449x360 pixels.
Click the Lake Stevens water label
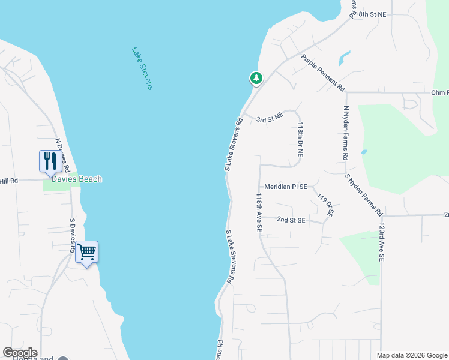[x=142, y=68]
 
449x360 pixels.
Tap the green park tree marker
[x=256, y=78]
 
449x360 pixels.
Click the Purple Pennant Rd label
[x=324, y=73]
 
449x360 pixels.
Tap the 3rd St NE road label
[x=269, y=119]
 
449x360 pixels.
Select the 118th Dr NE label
[x=301, y=140]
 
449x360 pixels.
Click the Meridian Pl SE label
[x=286, y=187]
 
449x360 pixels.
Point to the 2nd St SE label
[x=291, y=220]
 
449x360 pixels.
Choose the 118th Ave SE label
[x=259, y=212]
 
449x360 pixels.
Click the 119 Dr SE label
[x=325, y=205]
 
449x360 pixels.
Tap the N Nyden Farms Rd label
[x=346, y=133]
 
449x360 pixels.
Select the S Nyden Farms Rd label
[x=364, y=194]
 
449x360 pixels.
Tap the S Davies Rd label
[x=73, y=236]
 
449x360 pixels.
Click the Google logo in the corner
[x=20, y=353]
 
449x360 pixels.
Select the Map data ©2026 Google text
[x=412, y=355]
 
